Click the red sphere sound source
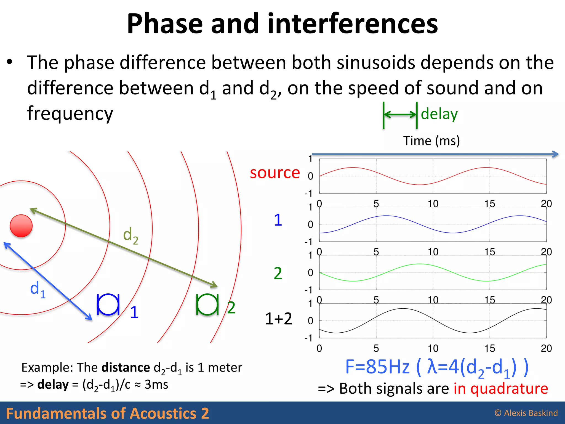(21, 226)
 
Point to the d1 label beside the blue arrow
(38, 289)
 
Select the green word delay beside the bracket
(439, 114)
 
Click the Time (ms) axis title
(431, 141)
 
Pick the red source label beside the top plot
(275, 173)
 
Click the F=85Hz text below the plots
(377, 367)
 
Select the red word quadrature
(509, 389)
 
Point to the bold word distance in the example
(126, 368)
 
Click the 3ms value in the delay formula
(156, 385)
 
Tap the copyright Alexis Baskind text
(526, 413)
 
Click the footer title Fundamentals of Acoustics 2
(107, 413)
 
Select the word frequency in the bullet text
(70, 113)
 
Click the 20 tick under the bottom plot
(546, 348)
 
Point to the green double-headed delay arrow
(400, 114)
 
